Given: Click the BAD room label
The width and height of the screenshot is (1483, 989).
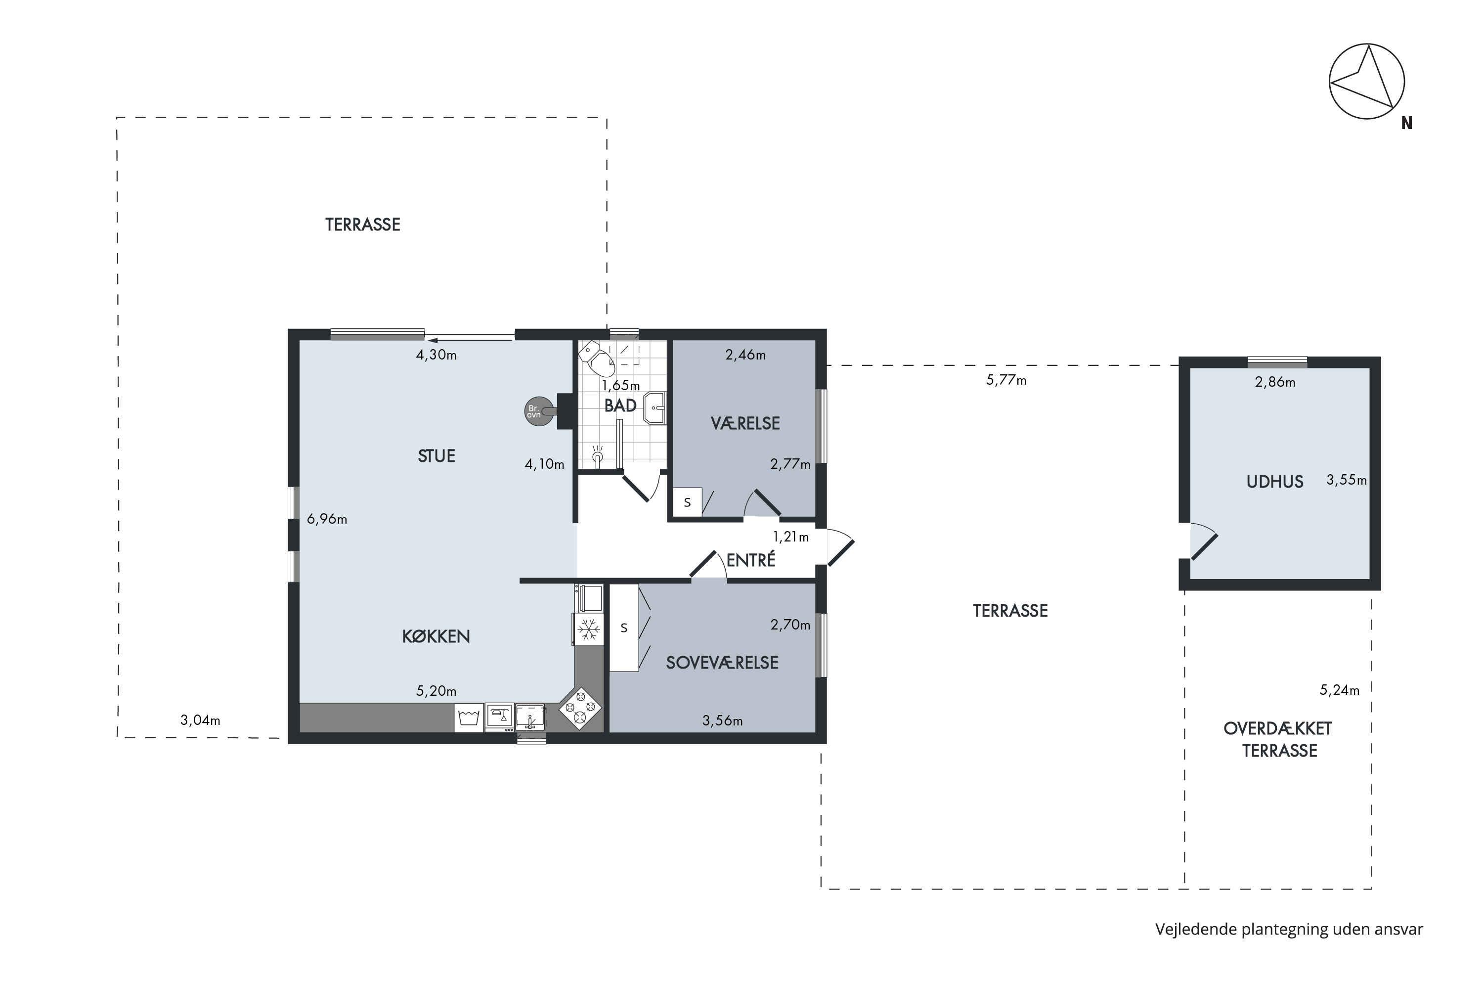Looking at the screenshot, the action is coord(620,405).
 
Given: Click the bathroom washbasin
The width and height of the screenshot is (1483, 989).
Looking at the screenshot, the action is coord(655,408).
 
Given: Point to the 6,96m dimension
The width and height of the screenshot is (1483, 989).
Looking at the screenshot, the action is coord(327,519).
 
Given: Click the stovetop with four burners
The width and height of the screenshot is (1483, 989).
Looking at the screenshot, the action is coord(580,708).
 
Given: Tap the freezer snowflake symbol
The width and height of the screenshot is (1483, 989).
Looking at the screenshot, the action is coord(589,629).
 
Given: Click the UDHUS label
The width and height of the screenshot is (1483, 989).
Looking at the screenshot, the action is coord(1274,482).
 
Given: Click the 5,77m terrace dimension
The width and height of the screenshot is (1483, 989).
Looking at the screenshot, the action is coord(1006,380).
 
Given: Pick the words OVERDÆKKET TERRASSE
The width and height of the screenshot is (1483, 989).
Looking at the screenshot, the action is coord(1278,739).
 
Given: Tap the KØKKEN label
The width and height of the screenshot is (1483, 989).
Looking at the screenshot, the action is coord(436,636).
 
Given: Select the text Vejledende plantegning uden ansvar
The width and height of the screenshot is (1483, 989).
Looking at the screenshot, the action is coord(1289,929).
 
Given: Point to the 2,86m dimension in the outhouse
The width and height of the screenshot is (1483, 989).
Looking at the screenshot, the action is coord(1275,382).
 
